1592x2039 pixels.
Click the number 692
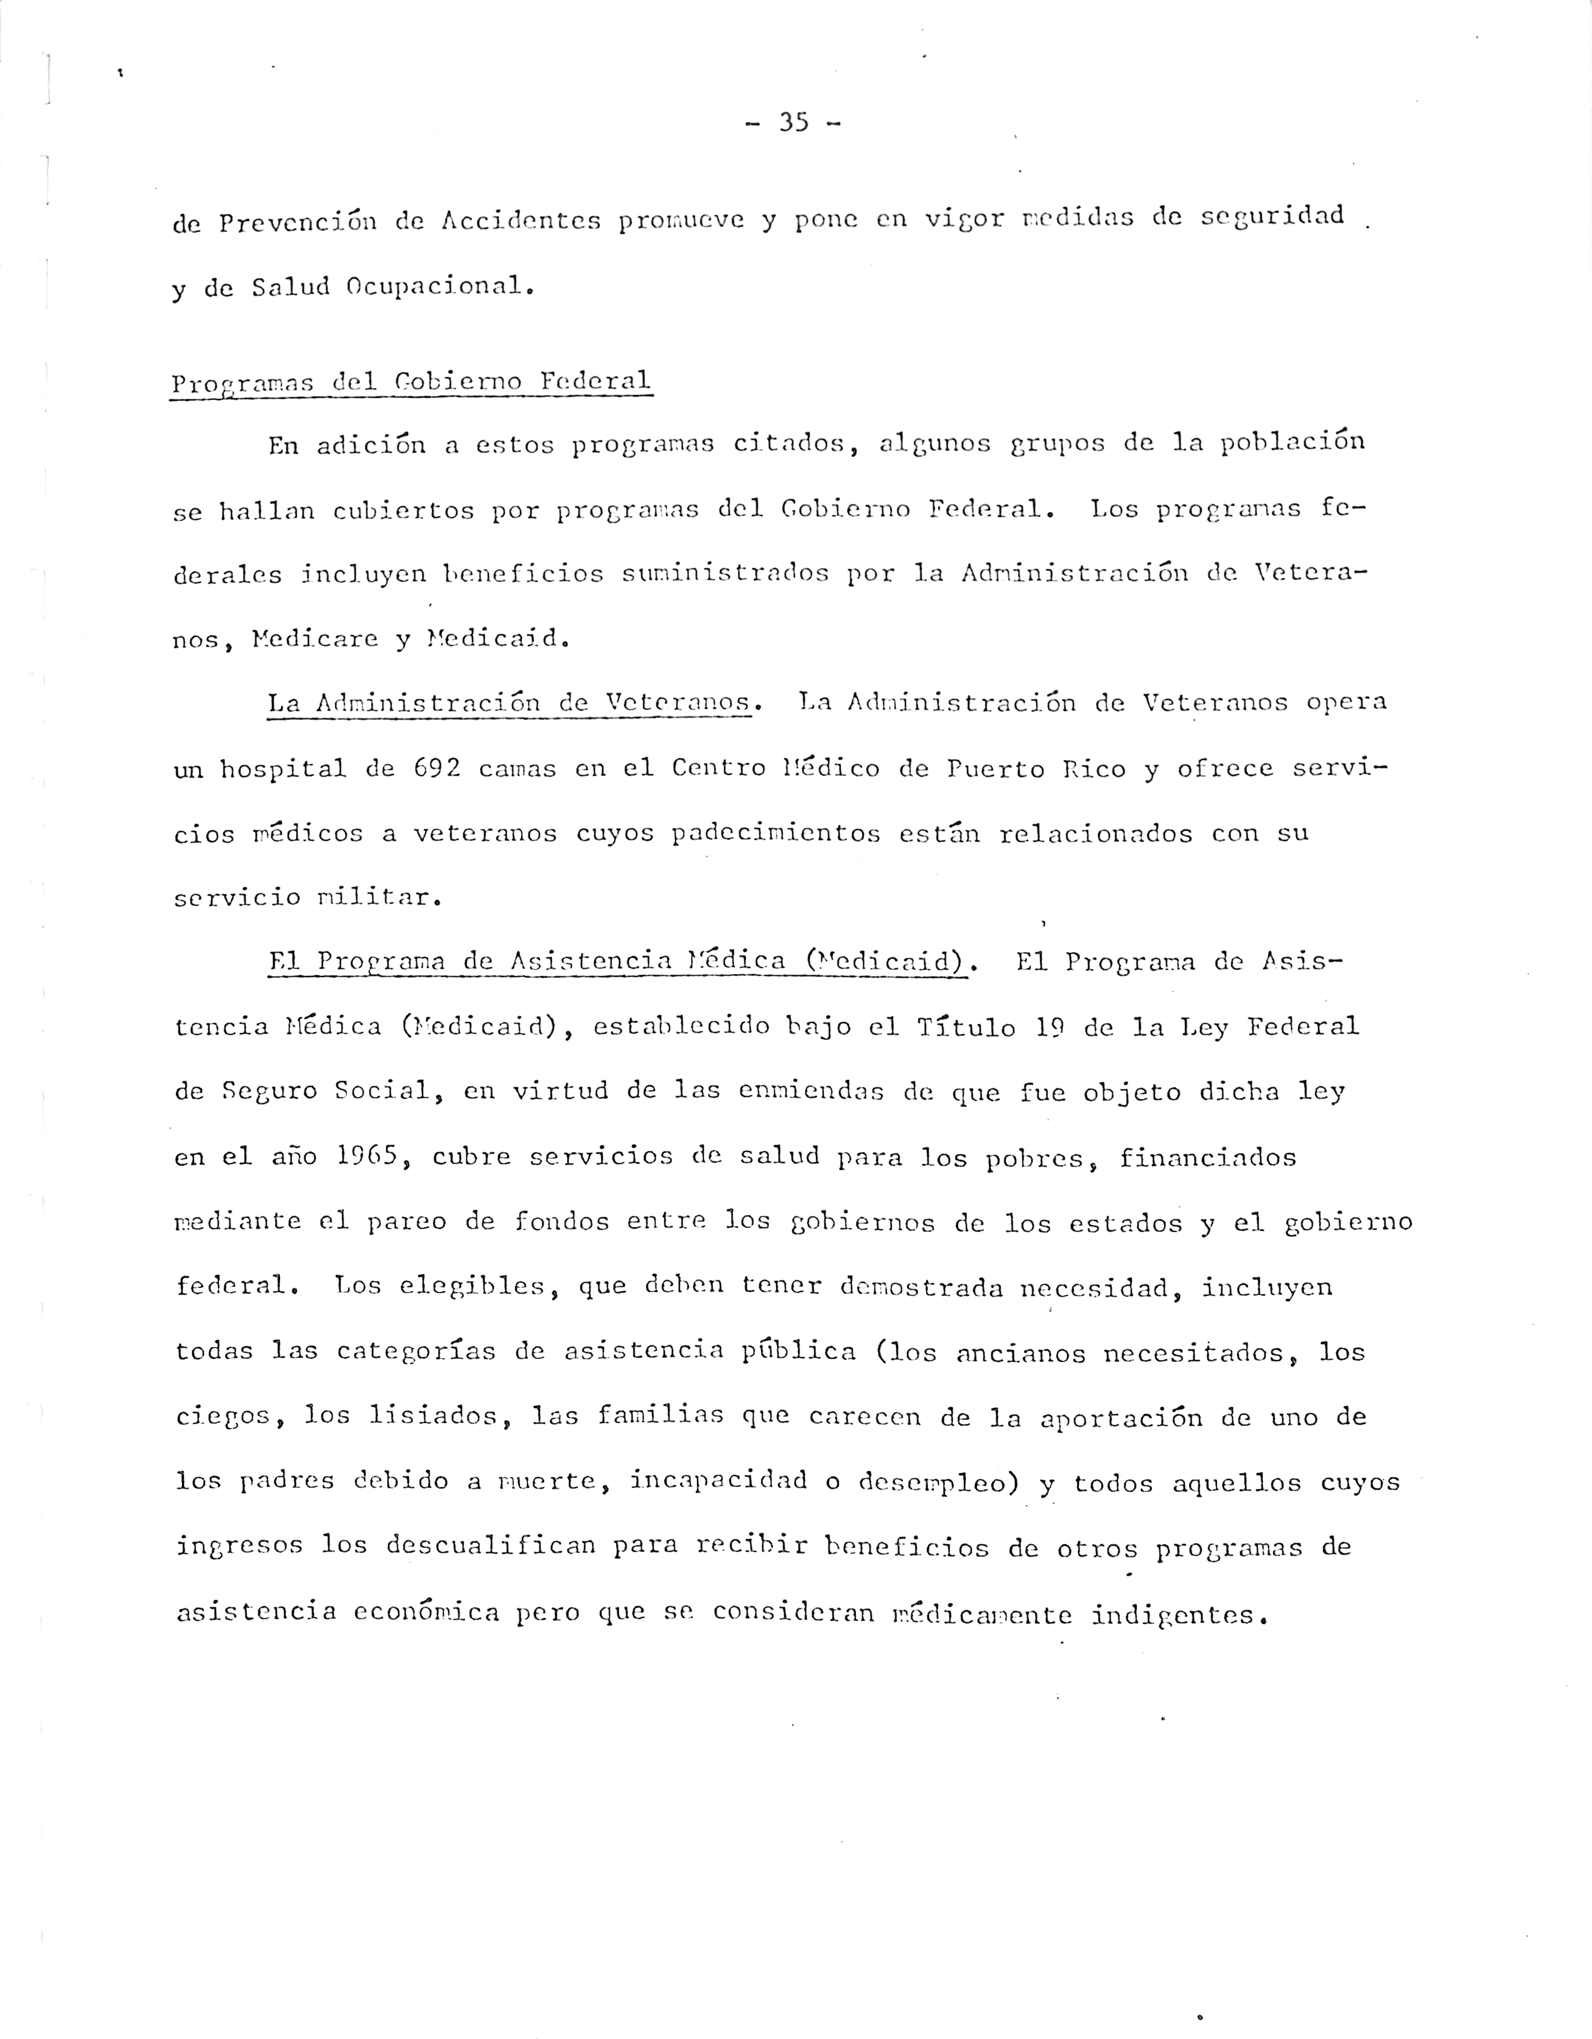point(436,769)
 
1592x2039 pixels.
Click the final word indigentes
point(1178,1613)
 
